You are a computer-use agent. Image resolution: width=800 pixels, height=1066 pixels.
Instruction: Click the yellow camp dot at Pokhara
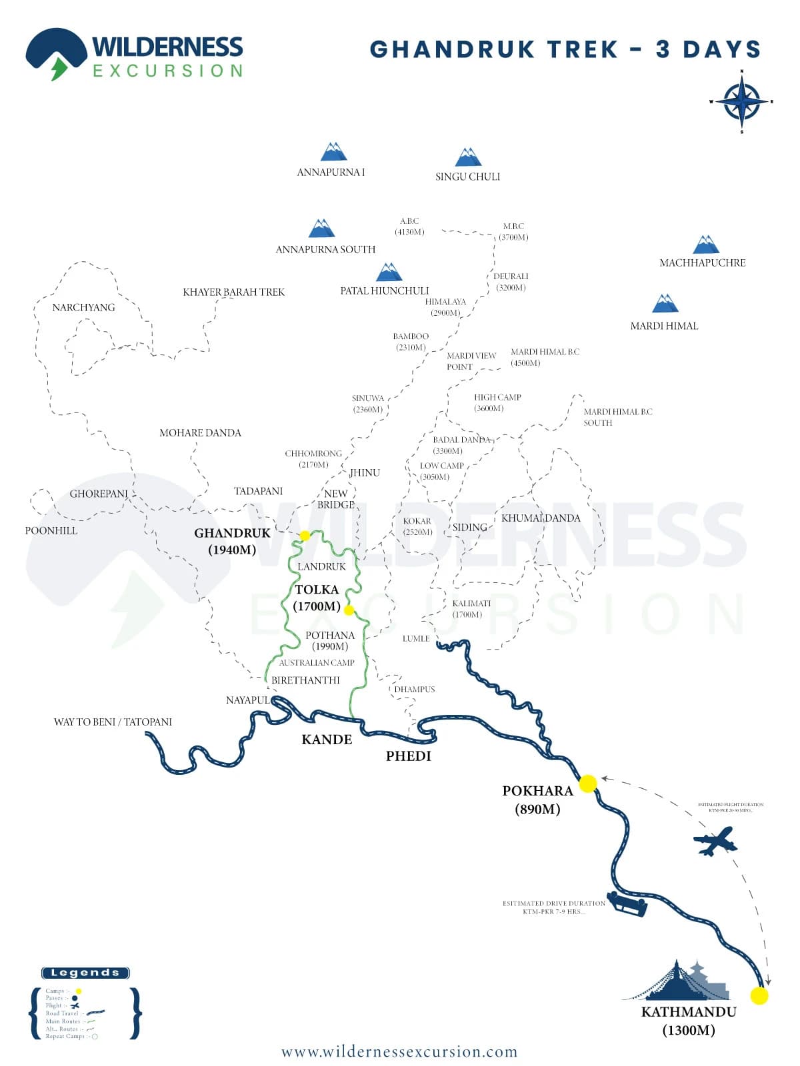pos(587,784)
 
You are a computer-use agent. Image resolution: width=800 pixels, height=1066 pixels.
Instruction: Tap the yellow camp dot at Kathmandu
pos(759,995)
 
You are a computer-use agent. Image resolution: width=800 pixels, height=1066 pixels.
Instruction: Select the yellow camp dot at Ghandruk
pos(305,536)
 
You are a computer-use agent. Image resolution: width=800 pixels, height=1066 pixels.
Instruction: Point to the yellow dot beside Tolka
pos(349,610)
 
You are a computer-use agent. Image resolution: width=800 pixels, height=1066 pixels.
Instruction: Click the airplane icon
pos(715,841)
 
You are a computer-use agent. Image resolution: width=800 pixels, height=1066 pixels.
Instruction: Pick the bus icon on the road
pos(627,904)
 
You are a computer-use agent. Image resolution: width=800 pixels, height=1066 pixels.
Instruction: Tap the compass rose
pos(741,102)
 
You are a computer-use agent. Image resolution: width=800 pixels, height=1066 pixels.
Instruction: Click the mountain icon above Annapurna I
pos(333,152)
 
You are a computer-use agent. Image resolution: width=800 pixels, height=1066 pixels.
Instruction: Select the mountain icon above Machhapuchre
pos(705,245)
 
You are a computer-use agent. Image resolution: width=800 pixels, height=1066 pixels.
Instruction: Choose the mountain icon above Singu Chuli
pos(468,157)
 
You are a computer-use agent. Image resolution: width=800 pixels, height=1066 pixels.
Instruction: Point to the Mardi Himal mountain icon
pos(665,303)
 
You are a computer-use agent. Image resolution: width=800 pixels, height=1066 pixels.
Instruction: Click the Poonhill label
pos(51,531)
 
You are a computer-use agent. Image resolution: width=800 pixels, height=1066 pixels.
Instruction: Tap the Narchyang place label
pos(83,307)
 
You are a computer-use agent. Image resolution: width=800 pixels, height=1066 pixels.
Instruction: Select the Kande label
pos(327,740)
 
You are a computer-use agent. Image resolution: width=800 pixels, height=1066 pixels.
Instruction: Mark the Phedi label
pos(409,756)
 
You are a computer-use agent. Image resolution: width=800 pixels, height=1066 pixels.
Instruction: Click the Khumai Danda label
pos(541,518)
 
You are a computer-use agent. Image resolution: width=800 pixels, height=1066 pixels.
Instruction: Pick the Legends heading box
pos(85,973)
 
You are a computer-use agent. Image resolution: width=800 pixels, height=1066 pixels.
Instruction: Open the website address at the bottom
pos(399,1052)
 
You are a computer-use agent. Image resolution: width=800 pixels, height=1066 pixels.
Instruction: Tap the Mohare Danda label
pos(200,433)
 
